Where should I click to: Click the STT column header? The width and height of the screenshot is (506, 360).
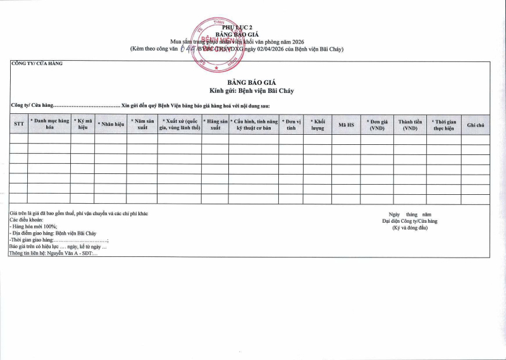coord(18,124)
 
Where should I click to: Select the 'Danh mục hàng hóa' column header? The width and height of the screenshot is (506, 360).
coord(49,124)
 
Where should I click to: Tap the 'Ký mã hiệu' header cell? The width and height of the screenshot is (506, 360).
coord(82,124)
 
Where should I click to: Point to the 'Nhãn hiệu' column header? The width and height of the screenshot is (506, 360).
coord(110,125)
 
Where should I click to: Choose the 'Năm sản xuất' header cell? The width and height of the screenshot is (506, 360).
coord(142,124)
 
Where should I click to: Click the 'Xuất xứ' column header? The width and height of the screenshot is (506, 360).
coord(180,124)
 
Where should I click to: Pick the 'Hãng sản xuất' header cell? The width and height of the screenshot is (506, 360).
coord(215,124)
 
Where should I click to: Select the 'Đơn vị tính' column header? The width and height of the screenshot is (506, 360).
coord(291,124)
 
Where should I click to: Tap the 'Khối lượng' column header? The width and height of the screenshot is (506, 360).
coord(317,124)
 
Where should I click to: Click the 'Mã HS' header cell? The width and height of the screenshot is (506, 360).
coord(346,125)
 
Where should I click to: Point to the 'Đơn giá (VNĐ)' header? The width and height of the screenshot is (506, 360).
coord(377,124)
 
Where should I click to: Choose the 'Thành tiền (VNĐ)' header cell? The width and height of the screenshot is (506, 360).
coord(410,124)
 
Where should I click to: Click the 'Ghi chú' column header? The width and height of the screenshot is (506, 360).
coord(475,125)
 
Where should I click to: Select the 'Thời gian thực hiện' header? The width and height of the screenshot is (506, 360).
coord(443,124)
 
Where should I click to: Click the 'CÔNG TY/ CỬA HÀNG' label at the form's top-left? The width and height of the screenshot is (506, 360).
coord(37,63)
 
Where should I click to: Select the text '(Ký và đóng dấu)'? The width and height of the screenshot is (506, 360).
coord(410,228)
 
